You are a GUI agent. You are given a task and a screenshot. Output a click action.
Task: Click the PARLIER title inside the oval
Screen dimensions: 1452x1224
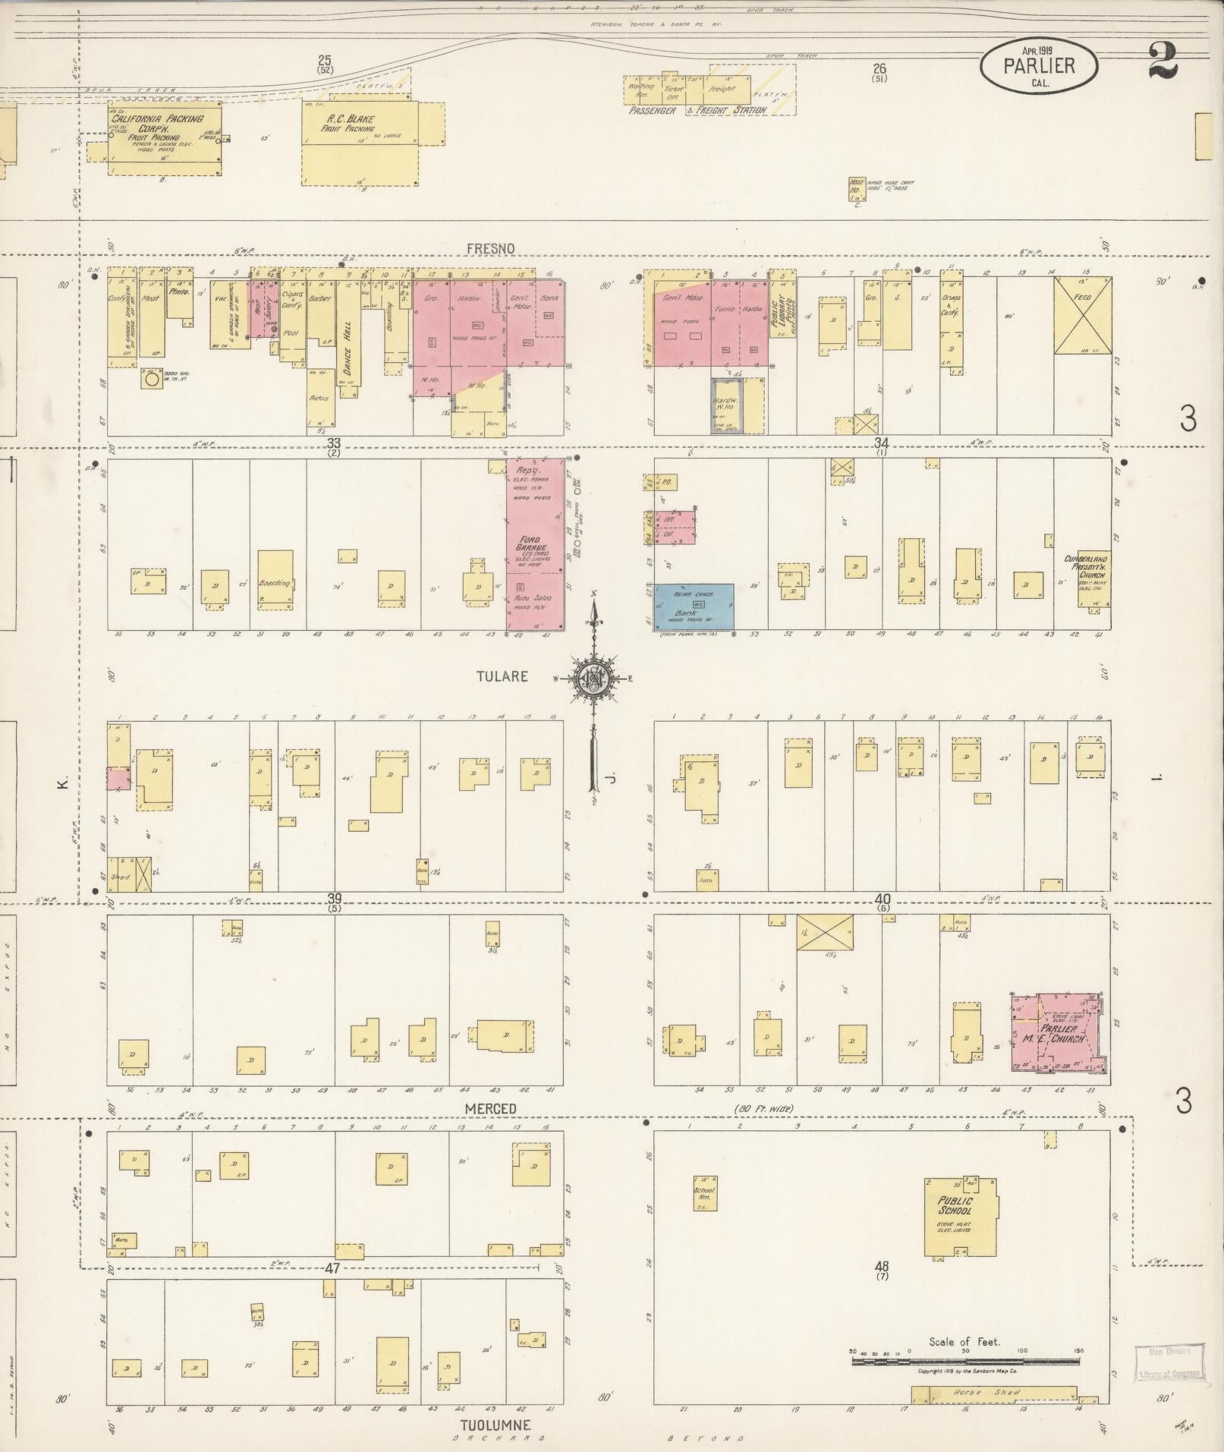click(x=1038, y=66)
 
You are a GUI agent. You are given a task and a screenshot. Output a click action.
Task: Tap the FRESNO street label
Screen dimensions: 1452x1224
click(x=490, y=249)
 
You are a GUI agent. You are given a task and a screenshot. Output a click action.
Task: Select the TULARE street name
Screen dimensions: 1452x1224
click(x=502, y=676)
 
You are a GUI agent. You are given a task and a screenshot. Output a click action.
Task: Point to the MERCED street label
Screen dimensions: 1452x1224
click(x=490, y=1109)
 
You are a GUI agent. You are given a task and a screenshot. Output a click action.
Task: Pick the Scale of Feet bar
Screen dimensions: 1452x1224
click(x=964, y=1362)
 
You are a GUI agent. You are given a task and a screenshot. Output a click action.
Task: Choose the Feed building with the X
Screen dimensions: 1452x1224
click(x=1082, y=315)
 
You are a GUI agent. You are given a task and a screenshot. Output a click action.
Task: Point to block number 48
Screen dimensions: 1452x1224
click(x=881, y=1266)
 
